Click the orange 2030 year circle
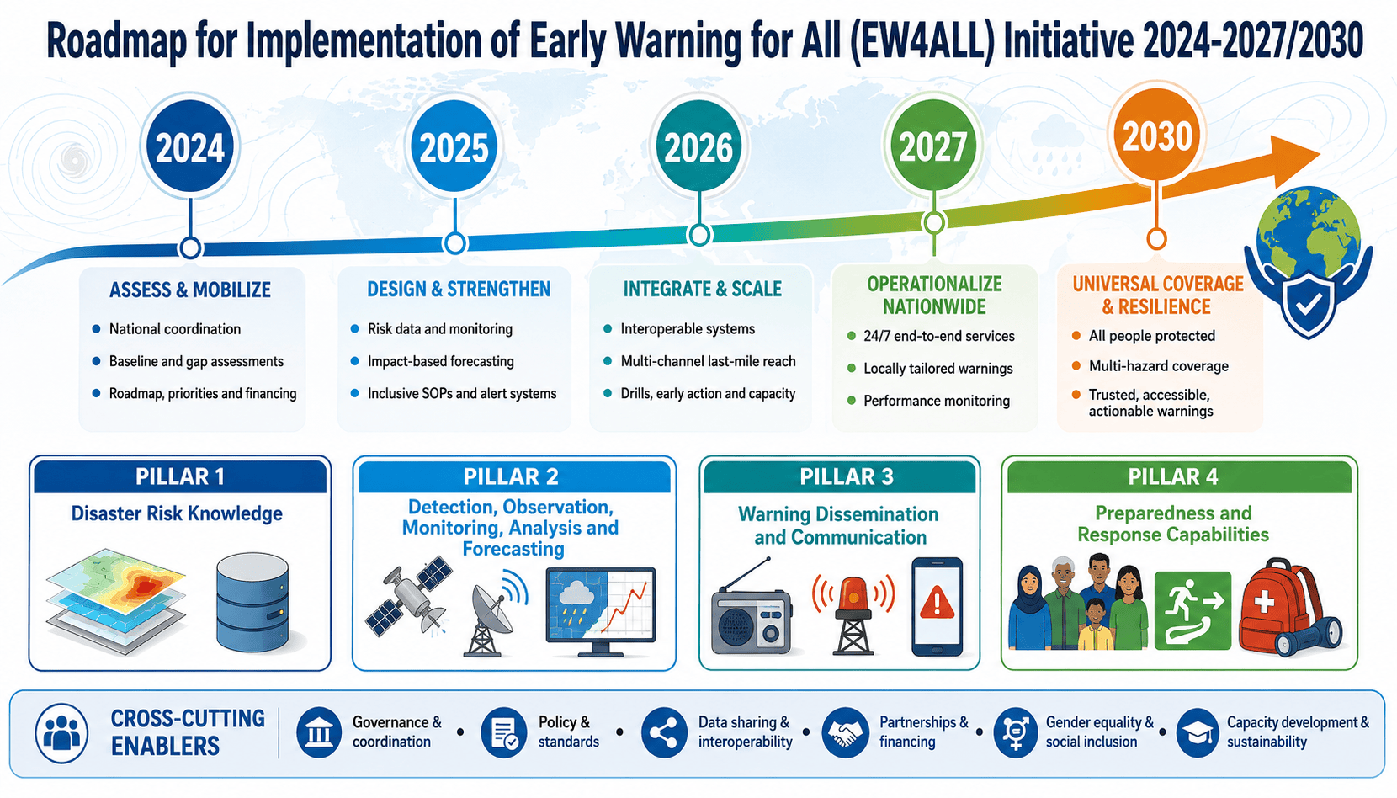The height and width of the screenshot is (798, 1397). tap(1157, 136)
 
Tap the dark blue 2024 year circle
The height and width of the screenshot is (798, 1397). tap(189, 147)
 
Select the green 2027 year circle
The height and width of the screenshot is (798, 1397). tap(933, 146)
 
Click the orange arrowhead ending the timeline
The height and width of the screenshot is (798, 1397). tap(1294, 159)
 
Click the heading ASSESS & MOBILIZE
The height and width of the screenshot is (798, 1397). tap(190, 290)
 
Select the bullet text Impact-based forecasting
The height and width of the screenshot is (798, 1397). tap(441, 361)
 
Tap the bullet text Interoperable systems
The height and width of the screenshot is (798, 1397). tap(688, 329)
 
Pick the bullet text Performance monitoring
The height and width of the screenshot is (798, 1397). tap(936, 401)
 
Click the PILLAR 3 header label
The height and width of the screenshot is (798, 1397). tap(847, 476)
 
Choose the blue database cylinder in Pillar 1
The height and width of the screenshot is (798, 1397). tap(252, 602)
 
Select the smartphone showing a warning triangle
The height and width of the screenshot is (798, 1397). tap(937, 606)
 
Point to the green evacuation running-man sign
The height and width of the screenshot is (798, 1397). tap(1192, 610)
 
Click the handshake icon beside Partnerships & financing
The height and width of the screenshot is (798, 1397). tap(845, 732)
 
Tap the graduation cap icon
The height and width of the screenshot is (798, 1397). tap(1198, 732)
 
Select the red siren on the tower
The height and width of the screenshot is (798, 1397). tap(853, 614)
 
